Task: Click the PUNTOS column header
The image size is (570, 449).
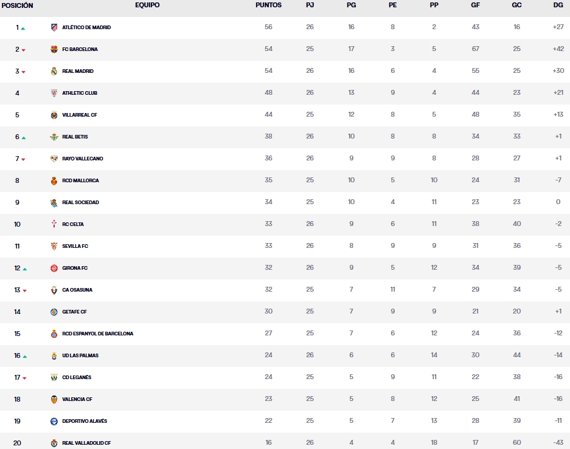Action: pyautogui.click(x=268, y=5)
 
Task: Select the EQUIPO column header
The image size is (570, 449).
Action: pyautogui.click(x=147, y=5)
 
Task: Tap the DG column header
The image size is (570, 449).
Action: pyautogui.click(x=558, y=5)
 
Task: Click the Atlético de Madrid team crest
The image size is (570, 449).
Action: pyautogui.click(x=54, y=27)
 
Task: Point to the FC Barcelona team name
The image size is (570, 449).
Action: pyautogui.click(x=80, y=49)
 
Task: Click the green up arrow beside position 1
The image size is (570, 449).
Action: pyautogui.click(x=23, y=28)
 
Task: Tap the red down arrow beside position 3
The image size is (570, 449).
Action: pyautogui.click(x=23, y=72)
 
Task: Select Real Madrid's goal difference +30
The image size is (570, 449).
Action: pyautogui.click(x=558, y=71)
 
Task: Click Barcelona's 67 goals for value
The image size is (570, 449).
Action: pyautogui.click(x=475, y=49)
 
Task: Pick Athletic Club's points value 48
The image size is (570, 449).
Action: pyautogui.click(x=268, y=93)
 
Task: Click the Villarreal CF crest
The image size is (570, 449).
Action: pyautogui.click(x=54, y=115)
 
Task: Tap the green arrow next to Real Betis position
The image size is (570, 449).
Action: pyautogui.click(x=24, y=137)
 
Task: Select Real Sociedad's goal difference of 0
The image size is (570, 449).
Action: pyautogui.click(x=558, y=202)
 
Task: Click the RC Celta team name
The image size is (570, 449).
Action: pyautogui.click(x=73, y=224)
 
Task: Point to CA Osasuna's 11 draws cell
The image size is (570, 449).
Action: pyautogui.click(x=392, y=290)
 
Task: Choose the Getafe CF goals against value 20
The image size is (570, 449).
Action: pyautogui.click(x=516, y=312)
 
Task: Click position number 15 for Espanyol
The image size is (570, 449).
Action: pyautogui.click(x=17, y=334)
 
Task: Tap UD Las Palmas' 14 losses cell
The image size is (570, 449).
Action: pyautogui.click(x=434, y=355)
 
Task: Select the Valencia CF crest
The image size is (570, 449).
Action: pyautogui.click(x=54, y=399)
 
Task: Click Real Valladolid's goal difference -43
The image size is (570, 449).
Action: pyautogui.click(x=558, y=443)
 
